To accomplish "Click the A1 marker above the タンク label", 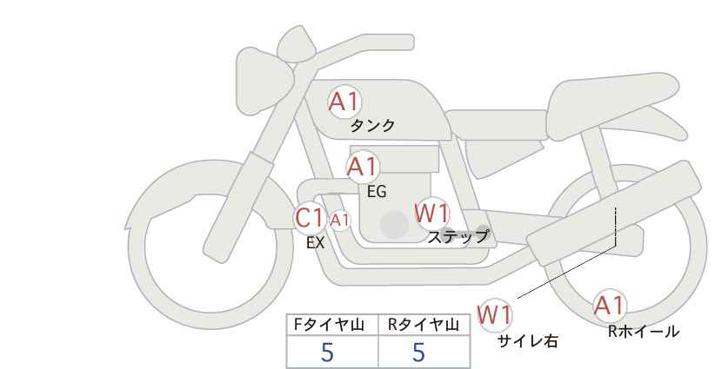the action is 344,102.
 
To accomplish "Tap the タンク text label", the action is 372,126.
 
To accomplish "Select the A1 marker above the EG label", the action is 362,167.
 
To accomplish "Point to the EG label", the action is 377,192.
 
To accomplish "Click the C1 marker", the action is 309,217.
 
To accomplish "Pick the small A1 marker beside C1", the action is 340,221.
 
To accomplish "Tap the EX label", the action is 315,243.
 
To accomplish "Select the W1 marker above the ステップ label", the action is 432,213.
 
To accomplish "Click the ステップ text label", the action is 458,237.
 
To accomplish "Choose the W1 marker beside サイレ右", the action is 495,314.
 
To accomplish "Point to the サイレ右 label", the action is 528,341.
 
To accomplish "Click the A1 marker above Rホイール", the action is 609,306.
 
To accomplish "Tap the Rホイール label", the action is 644,332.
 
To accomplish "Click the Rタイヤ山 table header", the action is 423,325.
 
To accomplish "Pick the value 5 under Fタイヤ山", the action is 327,352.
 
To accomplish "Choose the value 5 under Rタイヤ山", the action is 418,352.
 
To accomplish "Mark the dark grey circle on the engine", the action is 394,224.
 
